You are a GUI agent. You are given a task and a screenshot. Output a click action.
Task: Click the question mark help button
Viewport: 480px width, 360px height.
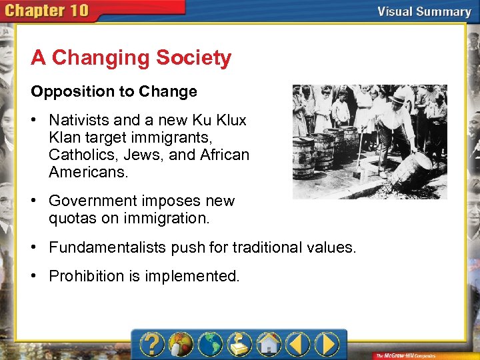tap(153, 344)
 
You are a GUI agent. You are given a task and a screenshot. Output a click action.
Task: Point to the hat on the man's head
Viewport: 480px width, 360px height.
tap(398, 101)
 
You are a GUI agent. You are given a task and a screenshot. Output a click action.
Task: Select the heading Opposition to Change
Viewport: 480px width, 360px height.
tap(114, 91)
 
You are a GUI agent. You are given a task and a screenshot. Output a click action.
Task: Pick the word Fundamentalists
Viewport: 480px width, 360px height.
tap(107, 247)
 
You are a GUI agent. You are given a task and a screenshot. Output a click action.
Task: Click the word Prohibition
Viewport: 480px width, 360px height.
tap(87, 276)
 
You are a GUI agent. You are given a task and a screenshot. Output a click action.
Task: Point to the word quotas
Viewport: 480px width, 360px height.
tap(73, 218)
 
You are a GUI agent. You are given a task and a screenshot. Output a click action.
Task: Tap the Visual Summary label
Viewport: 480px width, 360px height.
tap(424, 11)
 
